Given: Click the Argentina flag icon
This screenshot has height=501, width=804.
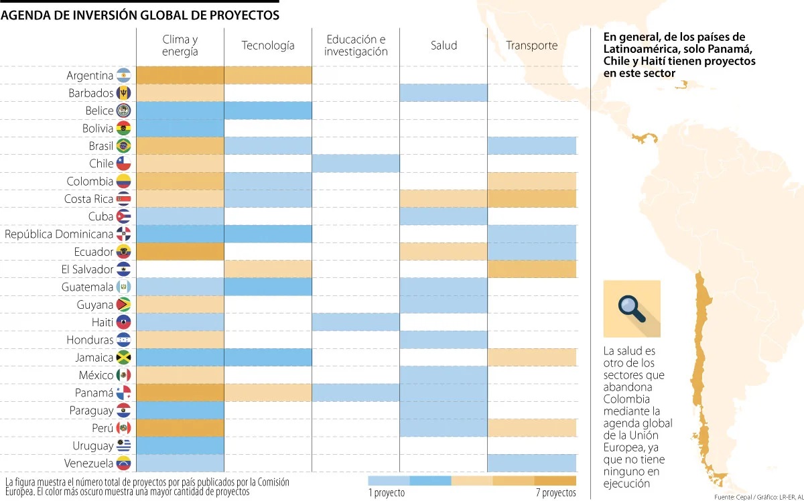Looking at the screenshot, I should tap(123, 76).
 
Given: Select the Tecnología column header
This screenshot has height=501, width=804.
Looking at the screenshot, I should tap(268, 46).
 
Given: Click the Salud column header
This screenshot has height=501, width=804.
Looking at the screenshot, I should tap(444, 46).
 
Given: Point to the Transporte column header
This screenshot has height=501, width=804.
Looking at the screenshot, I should tap(531, 46).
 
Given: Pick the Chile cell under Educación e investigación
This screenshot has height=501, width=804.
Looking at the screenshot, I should tap(356, 163).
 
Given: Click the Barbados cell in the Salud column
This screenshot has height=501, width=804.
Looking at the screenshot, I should tap(444, 93).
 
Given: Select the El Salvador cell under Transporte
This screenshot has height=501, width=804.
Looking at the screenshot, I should tap(531, 269).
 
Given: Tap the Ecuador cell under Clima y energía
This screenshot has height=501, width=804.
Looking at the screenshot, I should tap(180, 252).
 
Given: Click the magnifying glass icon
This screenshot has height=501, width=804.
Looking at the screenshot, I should tap(631, 308).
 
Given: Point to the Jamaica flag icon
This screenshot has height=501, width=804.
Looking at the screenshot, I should tap(123, 358).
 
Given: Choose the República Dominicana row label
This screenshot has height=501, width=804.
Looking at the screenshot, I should tap(59, 234).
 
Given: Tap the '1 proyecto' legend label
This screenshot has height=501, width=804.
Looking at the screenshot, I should tap(387, 494).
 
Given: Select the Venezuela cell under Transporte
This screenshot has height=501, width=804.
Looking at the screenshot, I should tap(531, 463).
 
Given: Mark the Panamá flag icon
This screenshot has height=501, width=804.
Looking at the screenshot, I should tap(123, 393).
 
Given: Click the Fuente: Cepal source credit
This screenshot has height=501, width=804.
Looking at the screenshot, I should tap(737, 496).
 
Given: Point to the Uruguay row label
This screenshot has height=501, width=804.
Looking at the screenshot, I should tap(93, 446).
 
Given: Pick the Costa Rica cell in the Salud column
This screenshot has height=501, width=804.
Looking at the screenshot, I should tap(444, 199).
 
